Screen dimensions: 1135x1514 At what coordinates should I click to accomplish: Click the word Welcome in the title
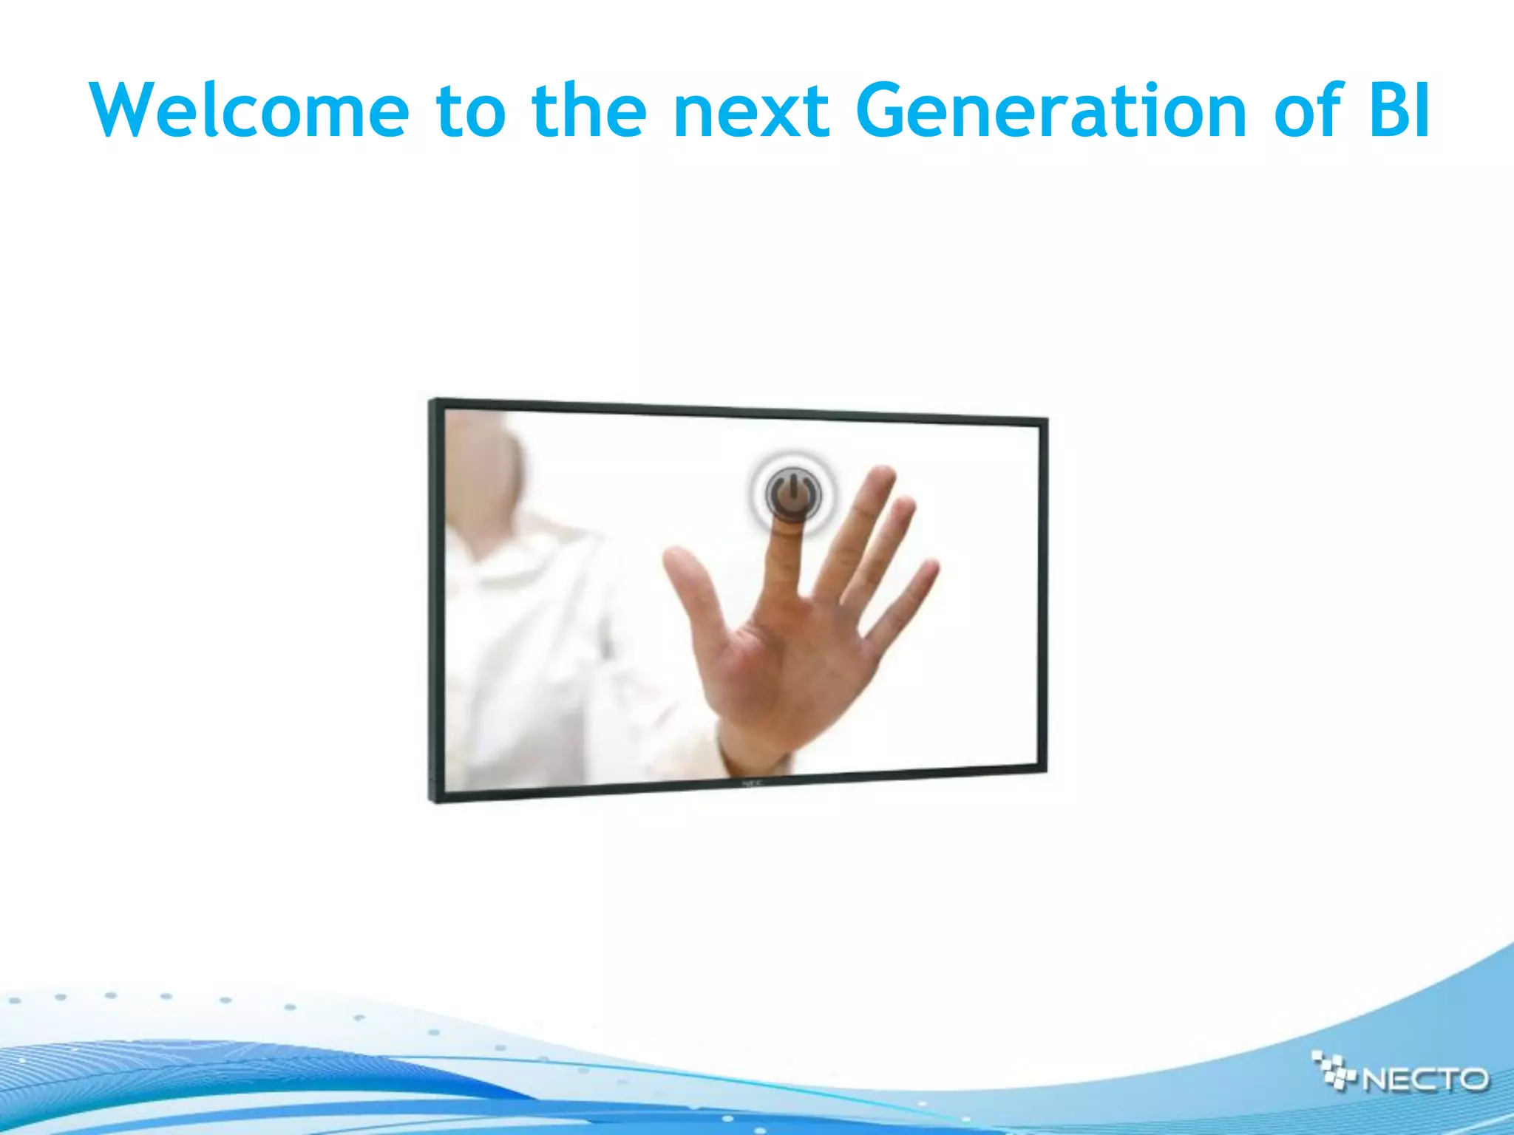[249, 111]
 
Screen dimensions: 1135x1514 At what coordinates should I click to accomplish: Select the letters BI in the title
[1399, 111]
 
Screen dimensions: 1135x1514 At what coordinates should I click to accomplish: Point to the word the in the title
[588, 111]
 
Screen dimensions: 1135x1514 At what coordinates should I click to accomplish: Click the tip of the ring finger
[903, 510]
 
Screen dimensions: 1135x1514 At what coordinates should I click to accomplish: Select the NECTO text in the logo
[1424, 1080]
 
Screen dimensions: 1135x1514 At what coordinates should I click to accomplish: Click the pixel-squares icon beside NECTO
[1335, 1070]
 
